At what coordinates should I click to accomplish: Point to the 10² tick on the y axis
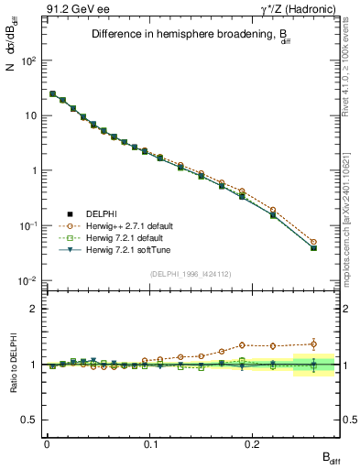pos(28,60)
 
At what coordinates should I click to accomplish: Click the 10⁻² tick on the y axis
pos(27,280)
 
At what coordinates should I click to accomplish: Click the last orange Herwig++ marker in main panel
pos(314,242)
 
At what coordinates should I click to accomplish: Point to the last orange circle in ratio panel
pos(314,344)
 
